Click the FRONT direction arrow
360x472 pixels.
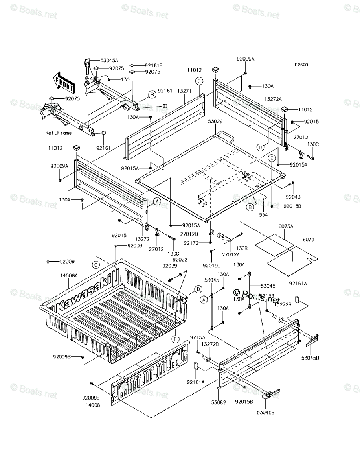click(63, 81)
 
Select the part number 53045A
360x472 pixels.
click(109, 60)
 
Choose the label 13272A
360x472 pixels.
click(273, 99)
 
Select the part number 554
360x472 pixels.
click(263, 215)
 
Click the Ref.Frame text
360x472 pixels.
click(59, 133)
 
